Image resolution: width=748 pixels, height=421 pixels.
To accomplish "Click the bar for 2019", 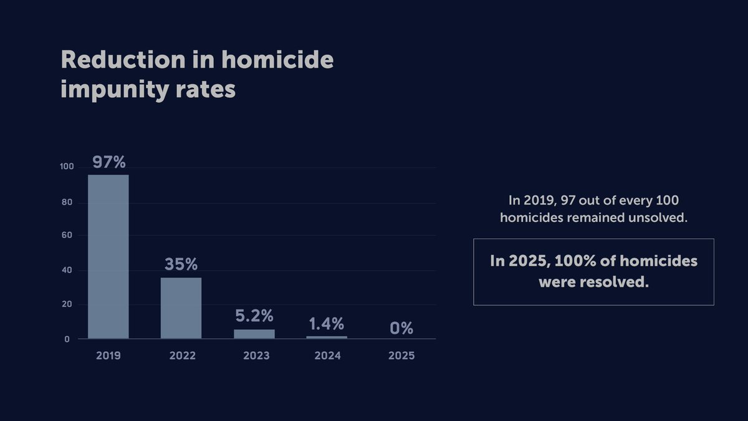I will point(108,256).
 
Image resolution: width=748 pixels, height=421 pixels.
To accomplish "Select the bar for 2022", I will point(181,308).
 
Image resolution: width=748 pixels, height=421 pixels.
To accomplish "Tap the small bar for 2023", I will point(254,334).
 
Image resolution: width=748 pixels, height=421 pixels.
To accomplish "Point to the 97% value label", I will point(109,162).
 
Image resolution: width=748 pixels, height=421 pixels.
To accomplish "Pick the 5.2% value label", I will point(254,316).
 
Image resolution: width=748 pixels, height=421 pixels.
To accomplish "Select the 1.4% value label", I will point(327,324).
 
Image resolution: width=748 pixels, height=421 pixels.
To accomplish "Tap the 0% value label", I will point(401,328).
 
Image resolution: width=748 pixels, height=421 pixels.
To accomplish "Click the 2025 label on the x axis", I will point(401,356).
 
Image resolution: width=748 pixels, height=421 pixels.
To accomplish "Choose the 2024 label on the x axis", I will point(328,356).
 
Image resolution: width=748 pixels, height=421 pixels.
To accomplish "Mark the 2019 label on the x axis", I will point(108,356).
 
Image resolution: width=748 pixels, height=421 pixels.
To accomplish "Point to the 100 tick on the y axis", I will point(67,167).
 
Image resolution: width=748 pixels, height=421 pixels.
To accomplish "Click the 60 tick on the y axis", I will point(68,236).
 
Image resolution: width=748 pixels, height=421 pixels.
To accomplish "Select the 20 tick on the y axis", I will point(68,305).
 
